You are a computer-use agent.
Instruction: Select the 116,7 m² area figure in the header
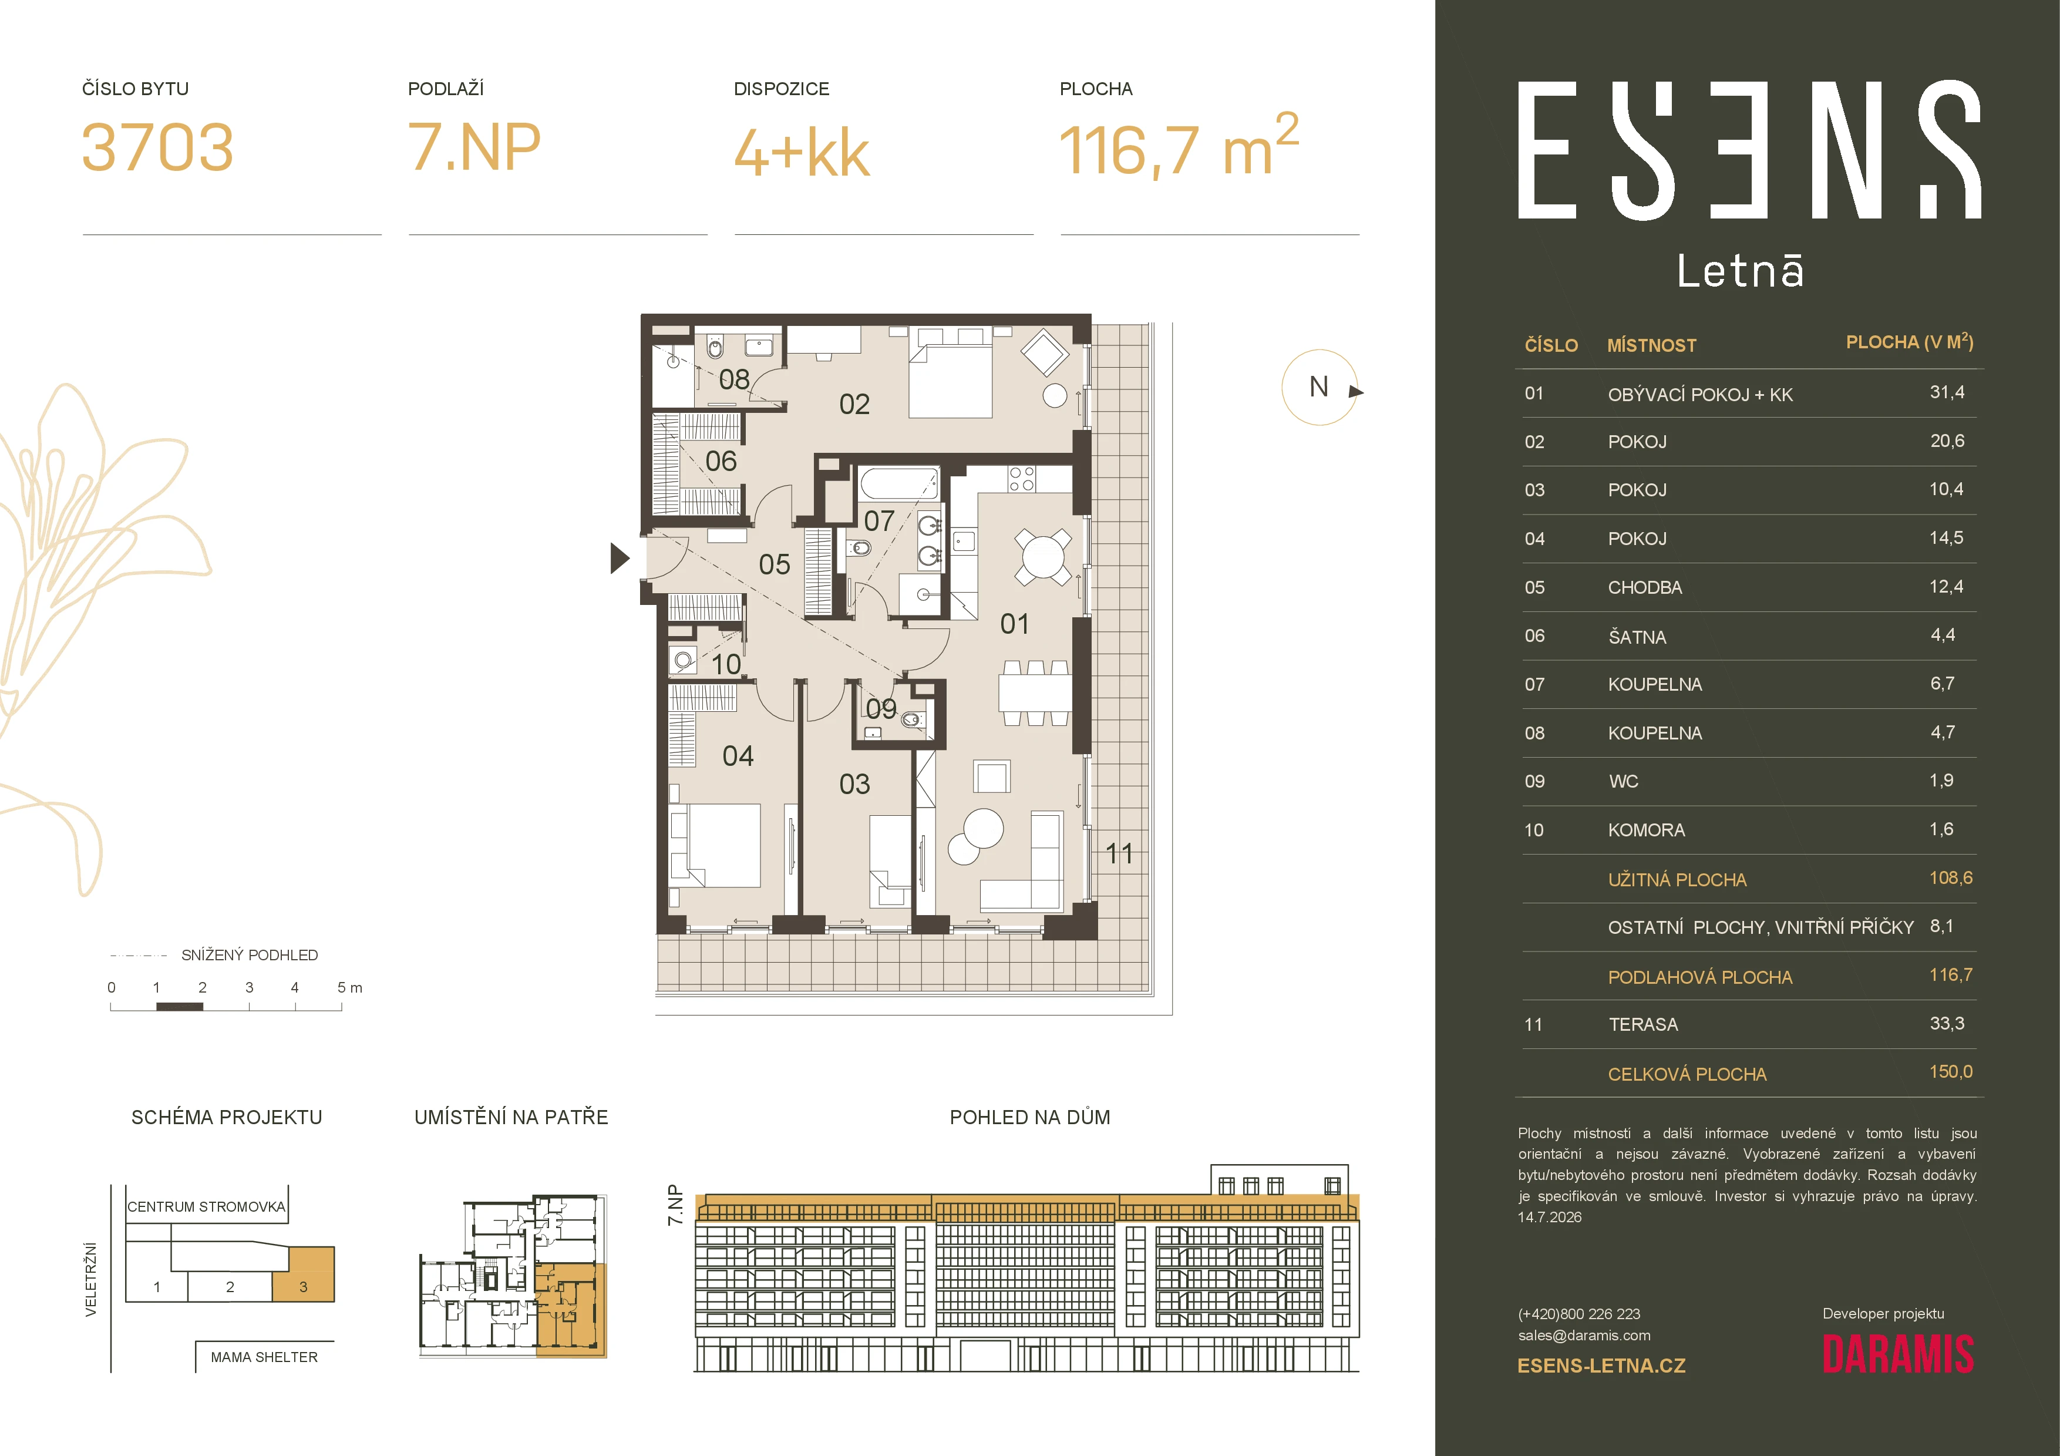coord(1179,143)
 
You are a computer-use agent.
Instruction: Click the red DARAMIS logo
coord(1897,1354)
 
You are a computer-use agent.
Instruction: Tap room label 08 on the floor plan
coord(734,379)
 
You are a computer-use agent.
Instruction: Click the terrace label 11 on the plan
coord(1119,853)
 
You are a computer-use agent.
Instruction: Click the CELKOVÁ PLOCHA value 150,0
coord(1951,1071)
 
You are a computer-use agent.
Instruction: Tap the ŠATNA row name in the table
coord(1637,637)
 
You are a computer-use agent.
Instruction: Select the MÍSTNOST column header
coord(1652,345)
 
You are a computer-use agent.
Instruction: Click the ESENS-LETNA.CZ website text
coord(1601,1366)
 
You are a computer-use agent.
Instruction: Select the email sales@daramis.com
coord(1584,1335)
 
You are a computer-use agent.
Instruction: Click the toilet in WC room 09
coord(911,718)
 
